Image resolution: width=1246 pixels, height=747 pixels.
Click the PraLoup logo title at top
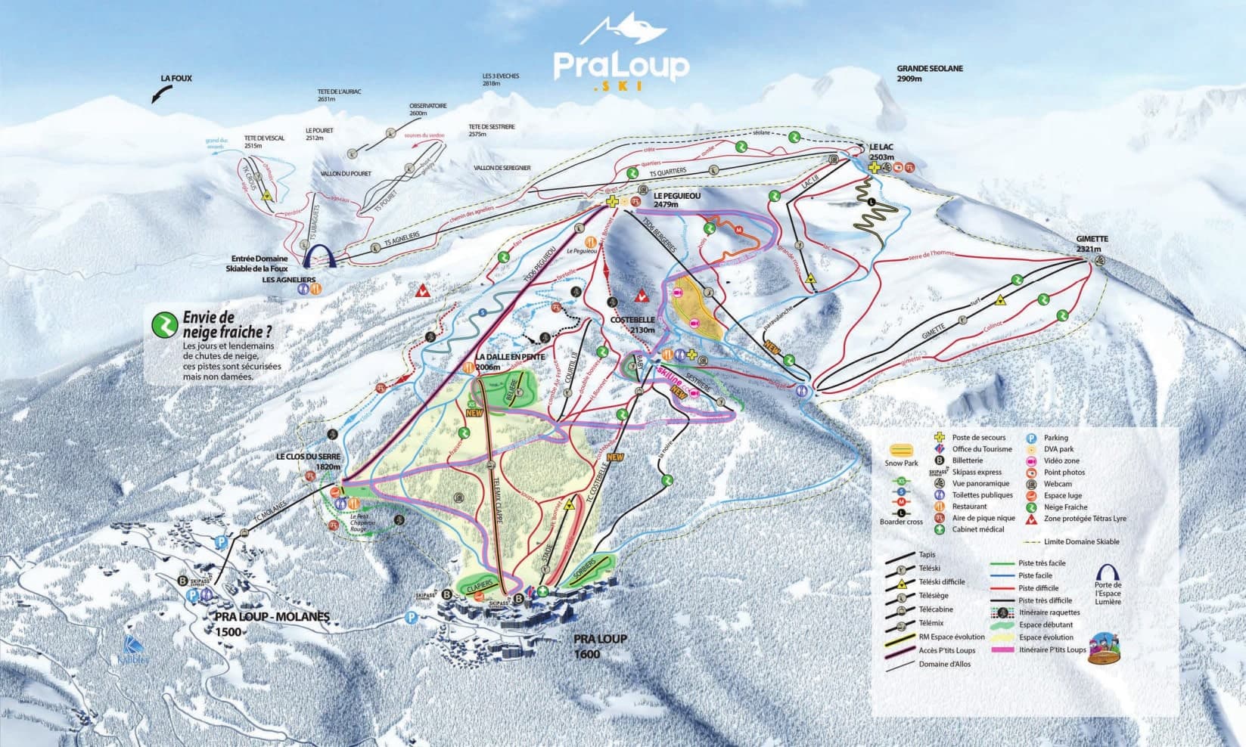(x=621, y=66)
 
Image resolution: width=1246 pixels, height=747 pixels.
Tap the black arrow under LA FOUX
(x=161, y=94)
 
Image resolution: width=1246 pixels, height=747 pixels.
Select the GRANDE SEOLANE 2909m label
(x=929, y=73)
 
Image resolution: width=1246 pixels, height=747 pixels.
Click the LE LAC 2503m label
(x=883, y=152)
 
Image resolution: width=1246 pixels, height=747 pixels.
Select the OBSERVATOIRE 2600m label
(x=428, y=109)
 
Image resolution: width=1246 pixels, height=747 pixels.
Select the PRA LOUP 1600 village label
(x=600, y=645)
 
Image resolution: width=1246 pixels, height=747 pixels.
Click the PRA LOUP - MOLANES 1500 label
(x=272, y=623)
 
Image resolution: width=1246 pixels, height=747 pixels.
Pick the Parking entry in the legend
(x=1055, y=438)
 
